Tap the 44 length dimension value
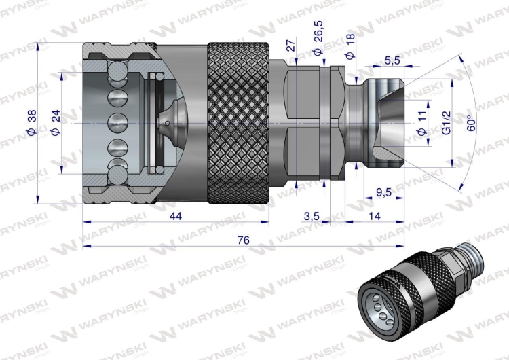[x=176, y=216]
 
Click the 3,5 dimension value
[x=312, y=216]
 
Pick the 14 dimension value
[x=375, y=216]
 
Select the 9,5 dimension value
[x=384, y=192]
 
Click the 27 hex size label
[x=290, y=46]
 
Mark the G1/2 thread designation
[x=446, y=122]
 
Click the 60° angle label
[x=470, y=122]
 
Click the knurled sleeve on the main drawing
[x=239, y=122]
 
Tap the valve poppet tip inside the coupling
[x=167, y=122]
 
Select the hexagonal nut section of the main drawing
[x=309, y=122]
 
